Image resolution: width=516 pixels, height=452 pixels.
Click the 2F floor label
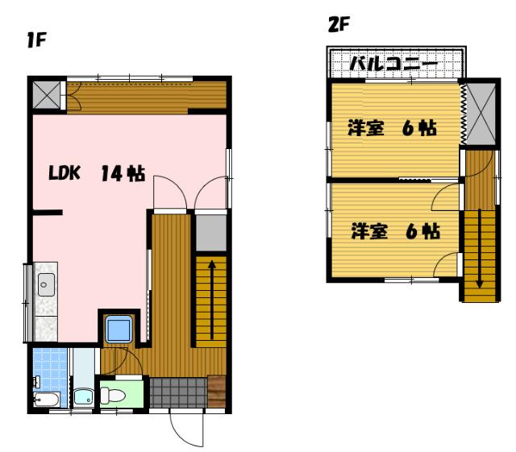[338, 24]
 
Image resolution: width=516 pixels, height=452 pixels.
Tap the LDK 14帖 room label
[96, 173]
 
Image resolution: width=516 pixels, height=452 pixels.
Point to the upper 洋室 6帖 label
[393, 128]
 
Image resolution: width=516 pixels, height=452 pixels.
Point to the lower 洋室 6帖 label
[394, 231]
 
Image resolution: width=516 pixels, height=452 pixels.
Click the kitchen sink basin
[45, 284]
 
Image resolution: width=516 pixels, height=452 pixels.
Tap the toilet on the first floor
[112, 396]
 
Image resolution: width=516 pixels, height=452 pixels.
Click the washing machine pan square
[119, 330]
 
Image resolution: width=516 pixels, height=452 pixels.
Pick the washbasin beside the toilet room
[82, 396]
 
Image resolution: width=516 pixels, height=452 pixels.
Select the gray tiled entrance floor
[177, 393]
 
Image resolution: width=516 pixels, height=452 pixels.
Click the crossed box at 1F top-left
[48, 95]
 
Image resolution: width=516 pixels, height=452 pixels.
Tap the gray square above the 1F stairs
[211, 231]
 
